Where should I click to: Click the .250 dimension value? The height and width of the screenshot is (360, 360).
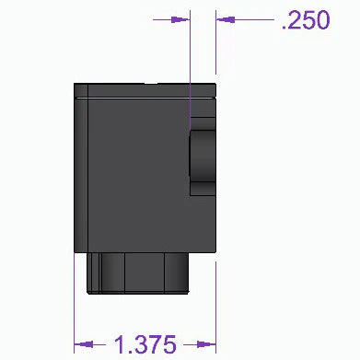click(305, 19)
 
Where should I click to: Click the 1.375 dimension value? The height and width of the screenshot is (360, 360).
click(145, 345)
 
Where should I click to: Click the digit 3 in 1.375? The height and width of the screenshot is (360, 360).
click(138, 345)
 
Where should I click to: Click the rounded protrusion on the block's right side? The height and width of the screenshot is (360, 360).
click(202, 162)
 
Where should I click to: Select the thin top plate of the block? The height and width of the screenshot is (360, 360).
click(147, 89)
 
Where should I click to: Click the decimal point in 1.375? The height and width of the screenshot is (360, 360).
click(128, 353)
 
